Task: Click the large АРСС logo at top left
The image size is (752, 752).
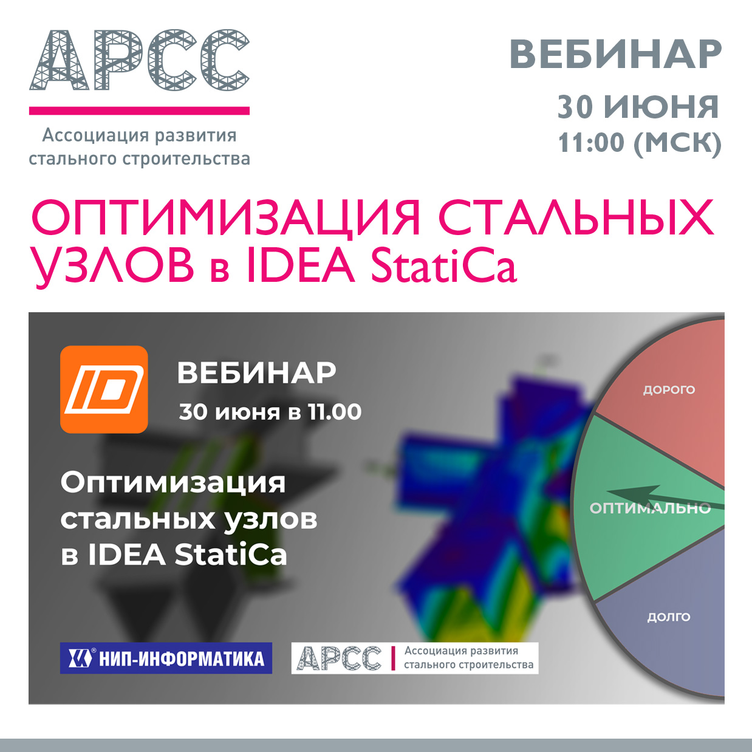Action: pos(139,60)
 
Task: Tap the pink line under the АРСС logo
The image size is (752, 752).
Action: pos(139,111)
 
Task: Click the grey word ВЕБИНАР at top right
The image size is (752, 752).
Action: pos(615,55)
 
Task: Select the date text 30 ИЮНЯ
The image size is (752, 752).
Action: pos(638,107)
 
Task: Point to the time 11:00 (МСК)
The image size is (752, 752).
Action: pos(640,143)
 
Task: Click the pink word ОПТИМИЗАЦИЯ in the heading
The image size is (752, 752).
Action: pos(225,219)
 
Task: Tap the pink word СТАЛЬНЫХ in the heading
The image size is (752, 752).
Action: pos(577,219)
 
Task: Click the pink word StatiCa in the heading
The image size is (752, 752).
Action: pos(443,265)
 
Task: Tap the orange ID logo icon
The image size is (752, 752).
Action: pos(104,389)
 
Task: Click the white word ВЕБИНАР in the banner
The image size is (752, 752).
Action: pos(256,373)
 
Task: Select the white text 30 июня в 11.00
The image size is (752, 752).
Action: pos(270,412)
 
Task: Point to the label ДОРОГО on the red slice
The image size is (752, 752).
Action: pos(669,390)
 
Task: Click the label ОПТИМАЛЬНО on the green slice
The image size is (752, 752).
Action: pos(650,508)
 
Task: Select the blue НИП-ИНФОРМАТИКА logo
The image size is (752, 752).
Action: pos(166,658)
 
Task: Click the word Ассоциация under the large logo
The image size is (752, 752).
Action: pos(95,136)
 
